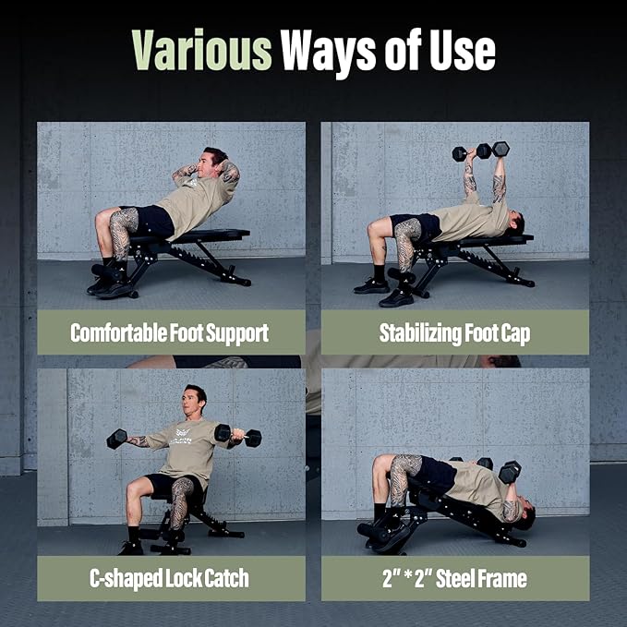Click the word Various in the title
(x=202, y=50)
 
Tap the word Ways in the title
(x=328, y=53)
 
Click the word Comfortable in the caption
(x=118, y=332)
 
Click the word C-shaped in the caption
(x=126, y=578)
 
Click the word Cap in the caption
(x=515, y=334)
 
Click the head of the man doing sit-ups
(x=214, y=162)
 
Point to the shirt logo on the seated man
(x=182, y=436)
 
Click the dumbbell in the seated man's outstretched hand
(x=116, y=439)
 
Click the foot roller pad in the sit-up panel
(x=104, y=271)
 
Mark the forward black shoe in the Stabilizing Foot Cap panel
(x=396, y=298)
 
